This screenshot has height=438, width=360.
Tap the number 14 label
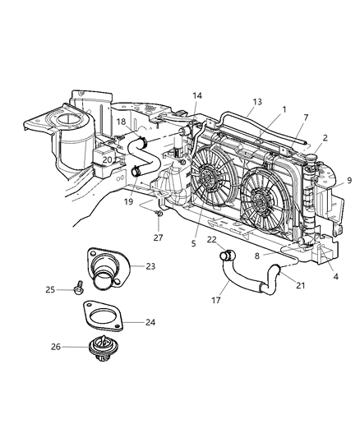[x=196, y=96]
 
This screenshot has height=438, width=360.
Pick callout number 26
[x=56, y=346]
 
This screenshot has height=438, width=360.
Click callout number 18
[x=120, y=122]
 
